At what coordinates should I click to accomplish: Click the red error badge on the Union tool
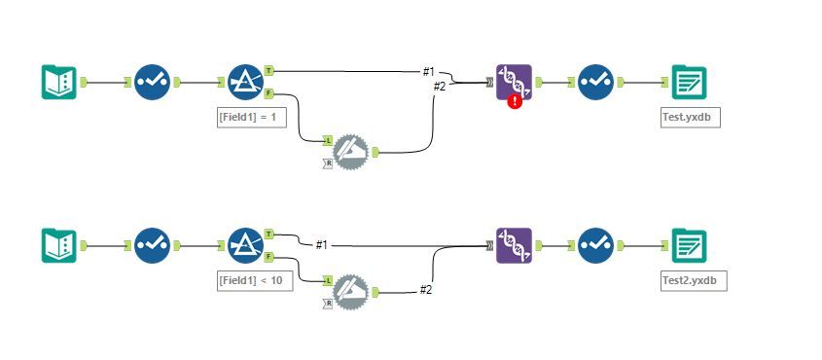click(x=515, y=101)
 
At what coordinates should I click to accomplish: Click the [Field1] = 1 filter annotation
click(x=252, y=117)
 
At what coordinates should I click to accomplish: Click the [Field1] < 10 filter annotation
click(x=255, y=280)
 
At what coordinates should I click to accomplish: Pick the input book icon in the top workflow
click(x=58, y=82)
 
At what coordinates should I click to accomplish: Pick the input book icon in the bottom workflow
click(x=58, y=245)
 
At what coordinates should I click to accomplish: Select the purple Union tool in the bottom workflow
click(x=514, y=245)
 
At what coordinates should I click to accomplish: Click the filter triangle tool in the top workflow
click(x=245, y=83)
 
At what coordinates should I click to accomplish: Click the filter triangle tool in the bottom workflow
click(x=245, y=245)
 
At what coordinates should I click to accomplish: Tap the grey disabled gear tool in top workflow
click(x=351, y=150)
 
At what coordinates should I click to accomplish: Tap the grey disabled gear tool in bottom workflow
click(x=351, y=291)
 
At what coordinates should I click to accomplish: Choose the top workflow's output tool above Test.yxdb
click(x=689, y=82)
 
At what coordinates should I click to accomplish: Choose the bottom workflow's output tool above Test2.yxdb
click(x=689, y=245)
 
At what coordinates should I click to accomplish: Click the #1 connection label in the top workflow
click(x=428, y=72)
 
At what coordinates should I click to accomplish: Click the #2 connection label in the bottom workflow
click(x=426, y=289)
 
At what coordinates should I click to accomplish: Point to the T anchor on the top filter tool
click(x=269, y=71)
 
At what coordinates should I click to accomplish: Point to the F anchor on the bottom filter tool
click(x=269, y=257)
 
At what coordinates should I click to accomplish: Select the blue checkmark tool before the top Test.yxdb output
click(x=594, y=82)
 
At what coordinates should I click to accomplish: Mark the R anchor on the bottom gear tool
click(x=328, y=304)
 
